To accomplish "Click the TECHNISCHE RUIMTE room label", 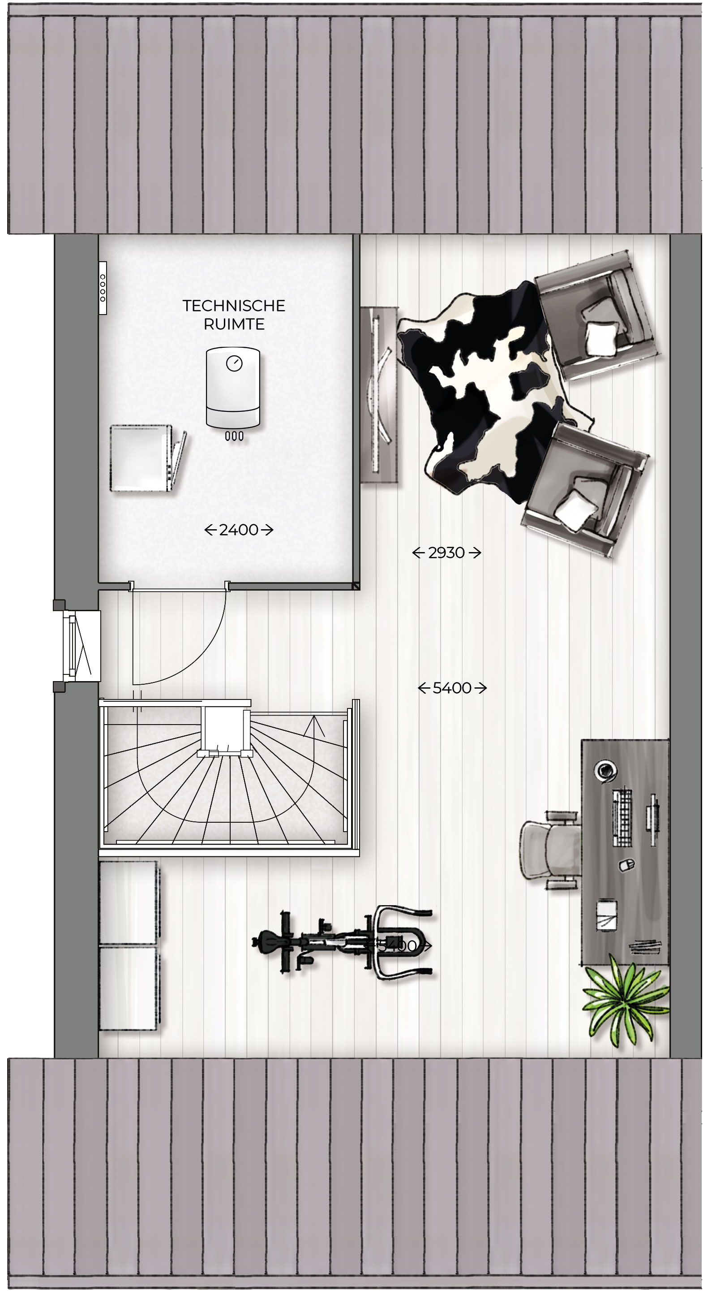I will (234, 315).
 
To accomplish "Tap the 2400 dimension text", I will (239, 530).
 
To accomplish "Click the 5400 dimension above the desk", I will (452, 688).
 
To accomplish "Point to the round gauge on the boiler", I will (234, 363).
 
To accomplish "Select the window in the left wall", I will (78, 646).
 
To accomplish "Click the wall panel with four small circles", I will (103, 288).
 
